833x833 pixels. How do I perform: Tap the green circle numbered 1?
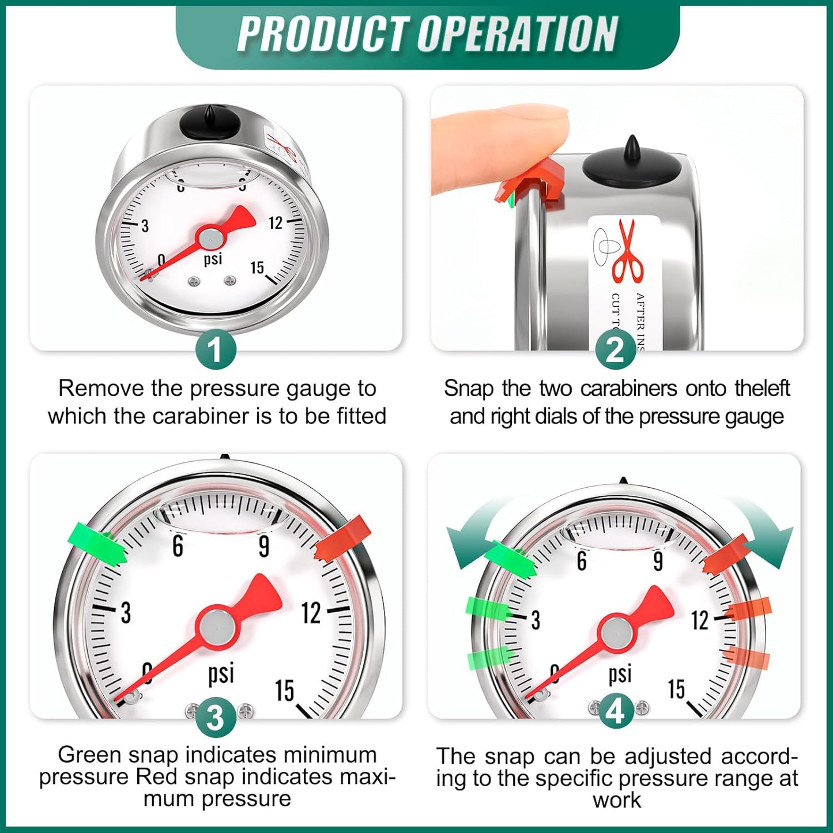216,349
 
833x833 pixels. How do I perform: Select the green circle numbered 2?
616,349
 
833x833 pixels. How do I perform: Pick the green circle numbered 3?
216,718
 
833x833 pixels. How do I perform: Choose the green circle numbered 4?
616,713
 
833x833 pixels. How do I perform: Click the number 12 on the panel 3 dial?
311,613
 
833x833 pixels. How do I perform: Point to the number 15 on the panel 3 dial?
284,690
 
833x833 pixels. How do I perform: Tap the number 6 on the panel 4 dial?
582,560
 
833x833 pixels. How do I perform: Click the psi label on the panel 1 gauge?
213,259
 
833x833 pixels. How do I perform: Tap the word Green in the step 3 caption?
89,755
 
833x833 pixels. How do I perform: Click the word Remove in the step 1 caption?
101,389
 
